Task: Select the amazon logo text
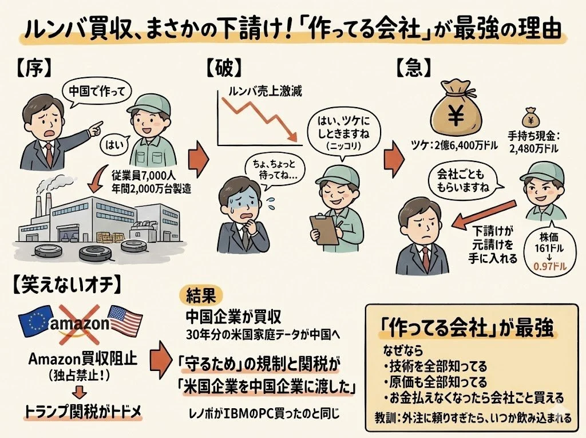tap(80, 324)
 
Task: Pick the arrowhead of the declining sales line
tap(293, 139)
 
